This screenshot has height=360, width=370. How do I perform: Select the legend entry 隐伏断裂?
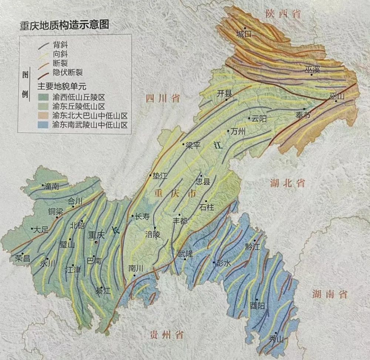coord(67,73)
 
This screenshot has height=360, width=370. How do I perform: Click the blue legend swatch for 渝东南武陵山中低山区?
coord(44,125)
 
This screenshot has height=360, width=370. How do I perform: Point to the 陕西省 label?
coord(283,14)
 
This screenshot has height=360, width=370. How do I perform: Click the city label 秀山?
coord(276,339)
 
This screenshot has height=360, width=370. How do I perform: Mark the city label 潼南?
coord(51,187)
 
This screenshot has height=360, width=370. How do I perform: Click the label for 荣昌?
coord(23,259)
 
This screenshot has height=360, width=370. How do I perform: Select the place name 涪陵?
coord(153,234)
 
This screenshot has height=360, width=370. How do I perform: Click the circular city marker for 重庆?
coord(96,242)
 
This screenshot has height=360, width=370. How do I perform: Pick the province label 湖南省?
coord(329,294)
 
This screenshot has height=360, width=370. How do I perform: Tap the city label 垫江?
coord(160,176)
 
